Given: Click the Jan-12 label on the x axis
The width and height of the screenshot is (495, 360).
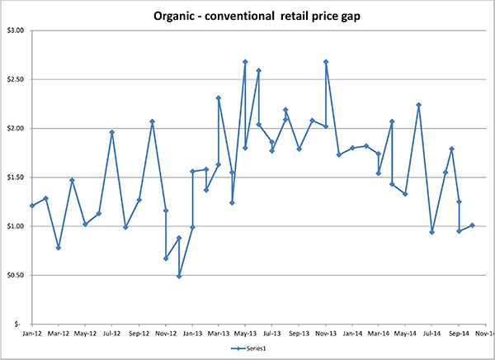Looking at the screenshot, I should click(32, 334).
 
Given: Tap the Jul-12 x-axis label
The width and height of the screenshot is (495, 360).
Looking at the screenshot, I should click(112, 334).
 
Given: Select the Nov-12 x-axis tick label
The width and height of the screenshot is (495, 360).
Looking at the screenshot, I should click(166, 334).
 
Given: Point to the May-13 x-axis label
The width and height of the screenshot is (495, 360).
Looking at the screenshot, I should click(245, 334).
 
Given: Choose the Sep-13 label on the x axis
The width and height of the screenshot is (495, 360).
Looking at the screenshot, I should click(299, 334).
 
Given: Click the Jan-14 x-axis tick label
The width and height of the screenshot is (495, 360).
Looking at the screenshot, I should click(352, 334).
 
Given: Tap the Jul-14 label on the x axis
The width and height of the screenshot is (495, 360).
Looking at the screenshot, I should click(431, 334).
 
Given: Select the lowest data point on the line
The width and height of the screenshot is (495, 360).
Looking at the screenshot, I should click(179, 276).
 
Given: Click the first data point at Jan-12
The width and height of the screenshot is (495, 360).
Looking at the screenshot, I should click(32, 206).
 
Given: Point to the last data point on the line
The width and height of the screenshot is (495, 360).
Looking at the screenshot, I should click(472, 225).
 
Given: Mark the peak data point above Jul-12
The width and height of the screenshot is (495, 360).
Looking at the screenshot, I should click(112, 132).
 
